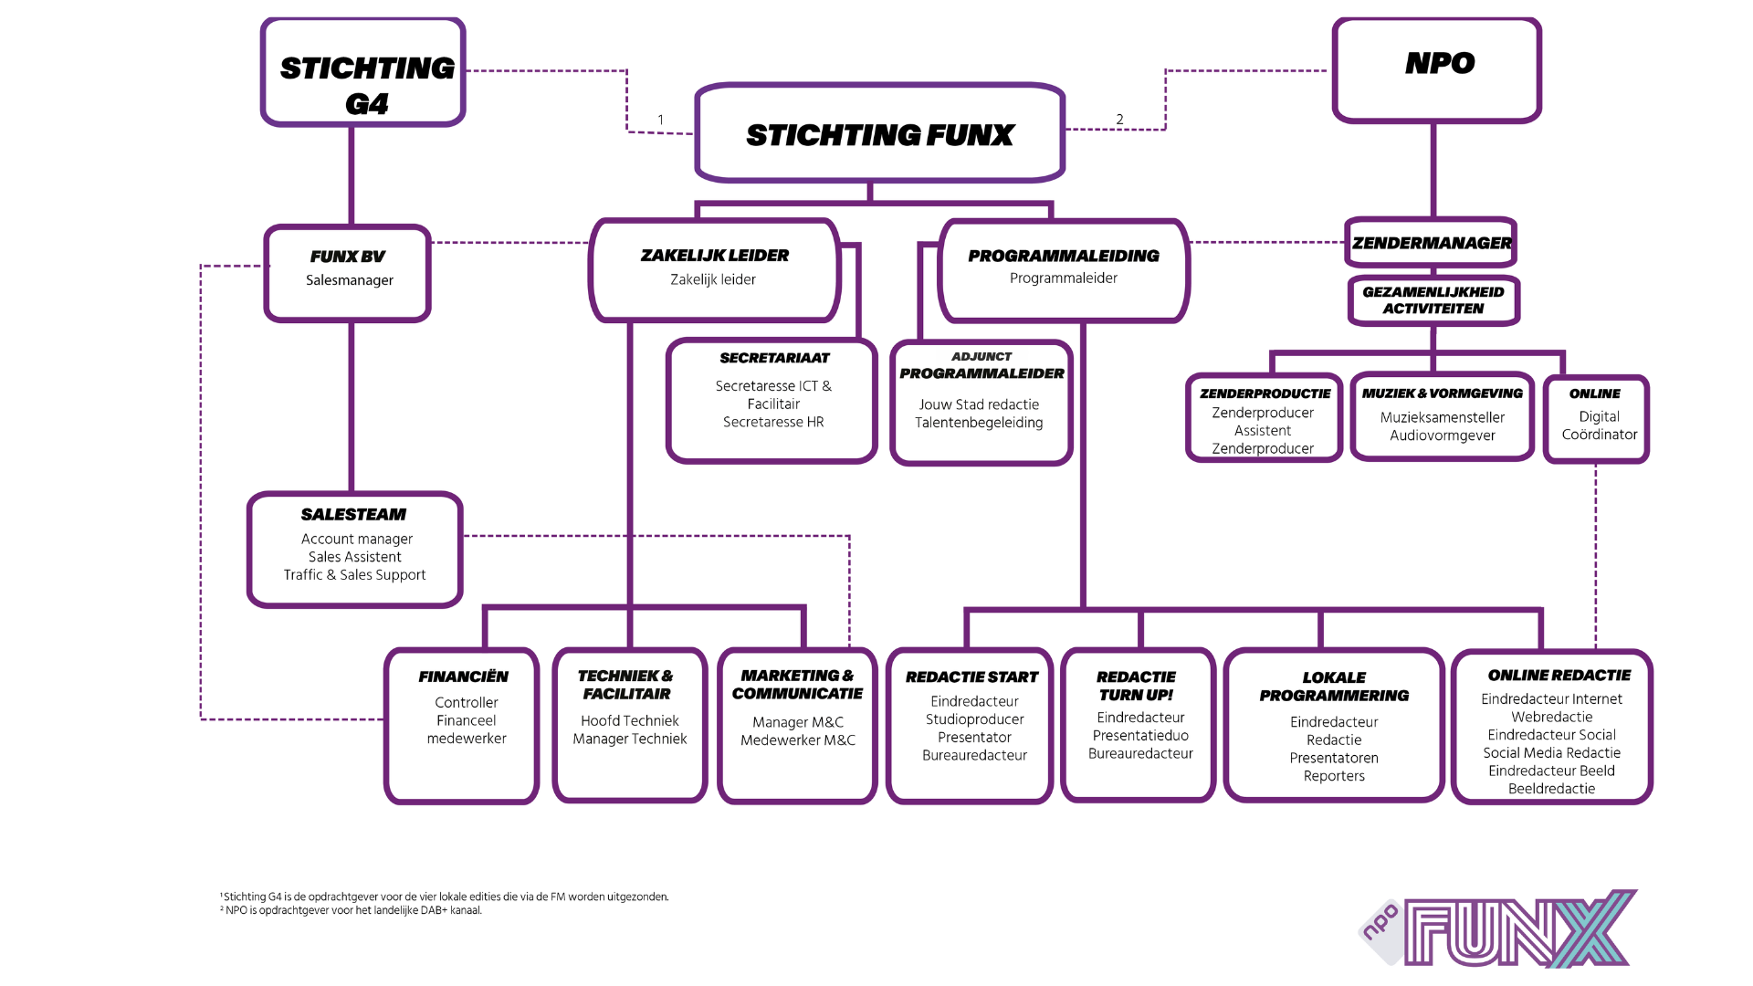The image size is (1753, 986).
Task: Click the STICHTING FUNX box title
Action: click(879, 135)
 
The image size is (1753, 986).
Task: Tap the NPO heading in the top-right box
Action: click(1439, 63)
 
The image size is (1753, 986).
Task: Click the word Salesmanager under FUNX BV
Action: click(349, 280)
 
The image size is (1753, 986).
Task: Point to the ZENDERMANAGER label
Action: click(1431, 243)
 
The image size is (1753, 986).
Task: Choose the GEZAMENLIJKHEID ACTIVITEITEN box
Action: click(1433, 300)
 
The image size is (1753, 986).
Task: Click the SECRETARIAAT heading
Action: click(774, 358)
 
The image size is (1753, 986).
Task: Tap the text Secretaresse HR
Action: click(773, 422)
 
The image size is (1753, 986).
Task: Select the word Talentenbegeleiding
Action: click(979, 423)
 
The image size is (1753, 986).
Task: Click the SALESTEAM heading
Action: click(353, 514)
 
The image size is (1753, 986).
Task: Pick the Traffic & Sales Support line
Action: click(354, 575)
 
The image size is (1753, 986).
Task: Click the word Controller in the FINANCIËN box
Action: click(466, 702)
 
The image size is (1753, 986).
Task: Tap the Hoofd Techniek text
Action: click(629, 720)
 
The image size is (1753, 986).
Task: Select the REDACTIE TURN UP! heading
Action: click(1136, 686)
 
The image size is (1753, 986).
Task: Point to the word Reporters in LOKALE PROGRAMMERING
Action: click(1334, 776)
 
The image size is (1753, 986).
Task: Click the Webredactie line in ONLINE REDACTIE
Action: click(1551, 717)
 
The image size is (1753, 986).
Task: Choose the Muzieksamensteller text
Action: click(1442, 417)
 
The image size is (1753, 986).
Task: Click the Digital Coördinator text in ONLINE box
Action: click(1599, 425)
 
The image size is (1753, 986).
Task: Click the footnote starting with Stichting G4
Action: click(446, 897)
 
